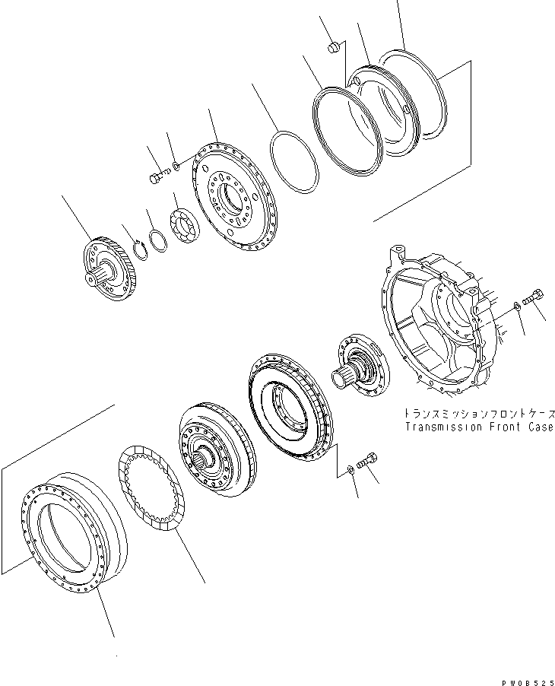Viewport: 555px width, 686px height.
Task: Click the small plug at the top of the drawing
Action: tap(331, 48)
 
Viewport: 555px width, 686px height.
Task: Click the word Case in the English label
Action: tap(538, 427)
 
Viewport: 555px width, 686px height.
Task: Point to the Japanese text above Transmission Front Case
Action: tap(479, 414)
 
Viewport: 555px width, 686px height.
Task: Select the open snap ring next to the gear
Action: tap(138, 249)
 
